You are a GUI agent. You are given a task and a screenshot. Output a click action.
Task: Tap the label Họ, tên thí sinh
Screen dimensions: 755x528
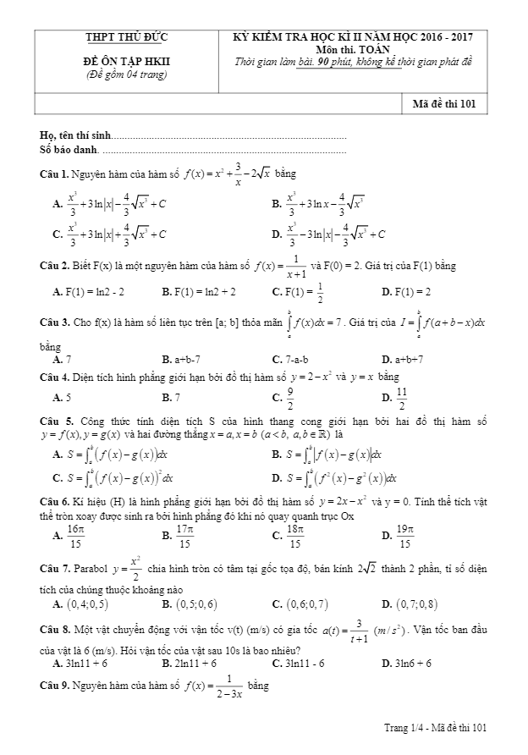[75, 136]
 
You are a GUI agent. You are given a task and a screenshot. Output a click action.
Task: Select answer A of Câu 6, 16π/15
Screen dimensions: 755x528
[74, 534]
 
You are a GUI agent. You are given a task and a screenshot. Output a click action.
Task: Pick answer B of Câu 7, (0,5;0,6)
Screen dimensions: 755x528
[189, 603]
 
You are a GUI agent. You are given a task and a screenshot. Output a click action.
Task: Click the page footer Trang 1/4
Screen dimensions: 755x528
[401, 727]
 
